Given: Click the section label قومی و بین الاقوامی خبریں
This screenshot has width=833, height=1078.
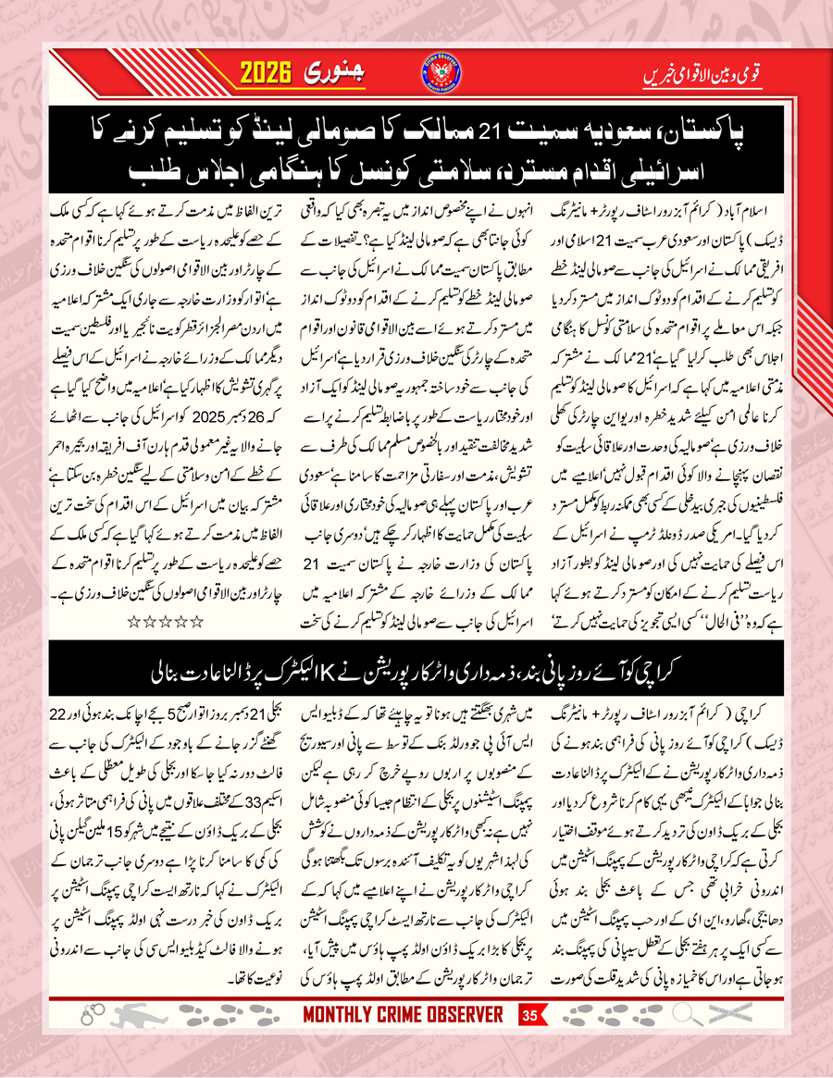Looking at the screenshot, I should click(703, 75).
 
